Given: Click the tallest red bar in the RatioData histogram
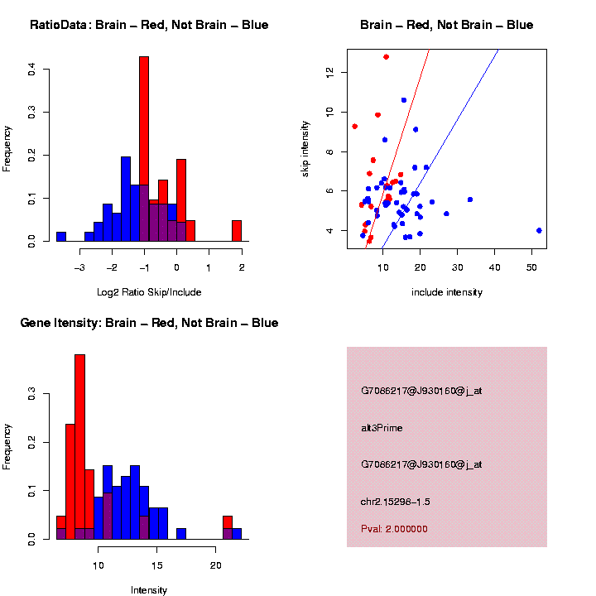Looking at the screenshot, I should [144, 149].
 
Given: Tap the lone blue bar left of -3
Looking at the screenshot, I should [61, 236].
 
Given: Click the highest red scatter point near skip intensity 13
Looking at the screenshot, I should [386, 57].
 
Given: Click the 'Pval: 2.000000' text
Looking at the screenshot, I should [394, 528].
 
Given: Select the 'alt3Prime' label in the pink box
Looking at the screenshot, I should [382, 428].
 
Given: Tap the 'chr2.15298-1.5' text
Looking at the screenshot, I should [395, 501].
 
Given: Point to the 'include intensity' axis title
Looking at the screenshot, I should [446, 292].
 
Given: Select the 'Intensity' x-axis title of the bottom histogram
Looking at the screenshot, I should [149, 590].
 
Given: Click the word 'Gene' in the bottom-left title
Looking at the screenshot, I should [35, 323].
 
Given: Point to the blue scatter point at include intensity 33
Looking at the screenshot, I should [469, 199].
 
